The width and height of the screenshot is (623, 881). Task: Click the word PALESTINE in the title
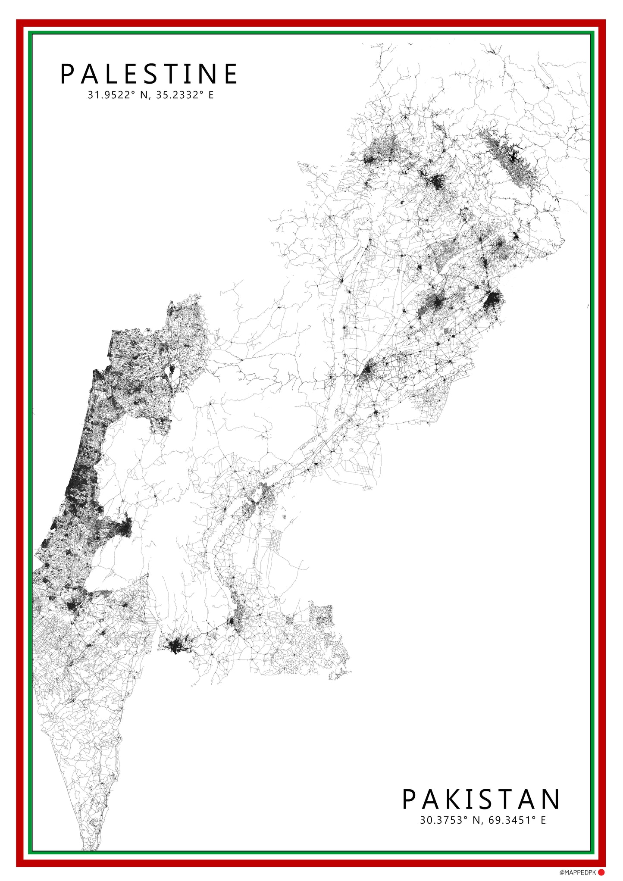tap(149, 74)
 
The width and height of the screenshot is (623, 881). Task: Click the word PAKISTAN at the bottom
tap(481, 800)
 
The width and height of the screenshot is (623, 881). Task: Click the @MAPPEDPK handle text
tap(577, 872)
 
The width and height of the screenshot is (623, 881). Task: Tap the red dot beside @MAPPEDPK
tap(601, 872)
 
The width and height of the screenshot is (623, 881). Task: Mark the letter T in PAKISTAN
tap(504, 800)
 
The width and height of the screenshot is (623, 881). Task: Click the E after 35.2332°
tap(211, 95)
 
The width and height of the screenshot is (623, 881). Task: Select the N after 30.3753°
tap(476, 820)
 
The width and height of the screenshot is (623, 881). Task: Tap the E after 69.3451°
tap(543, 820)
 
